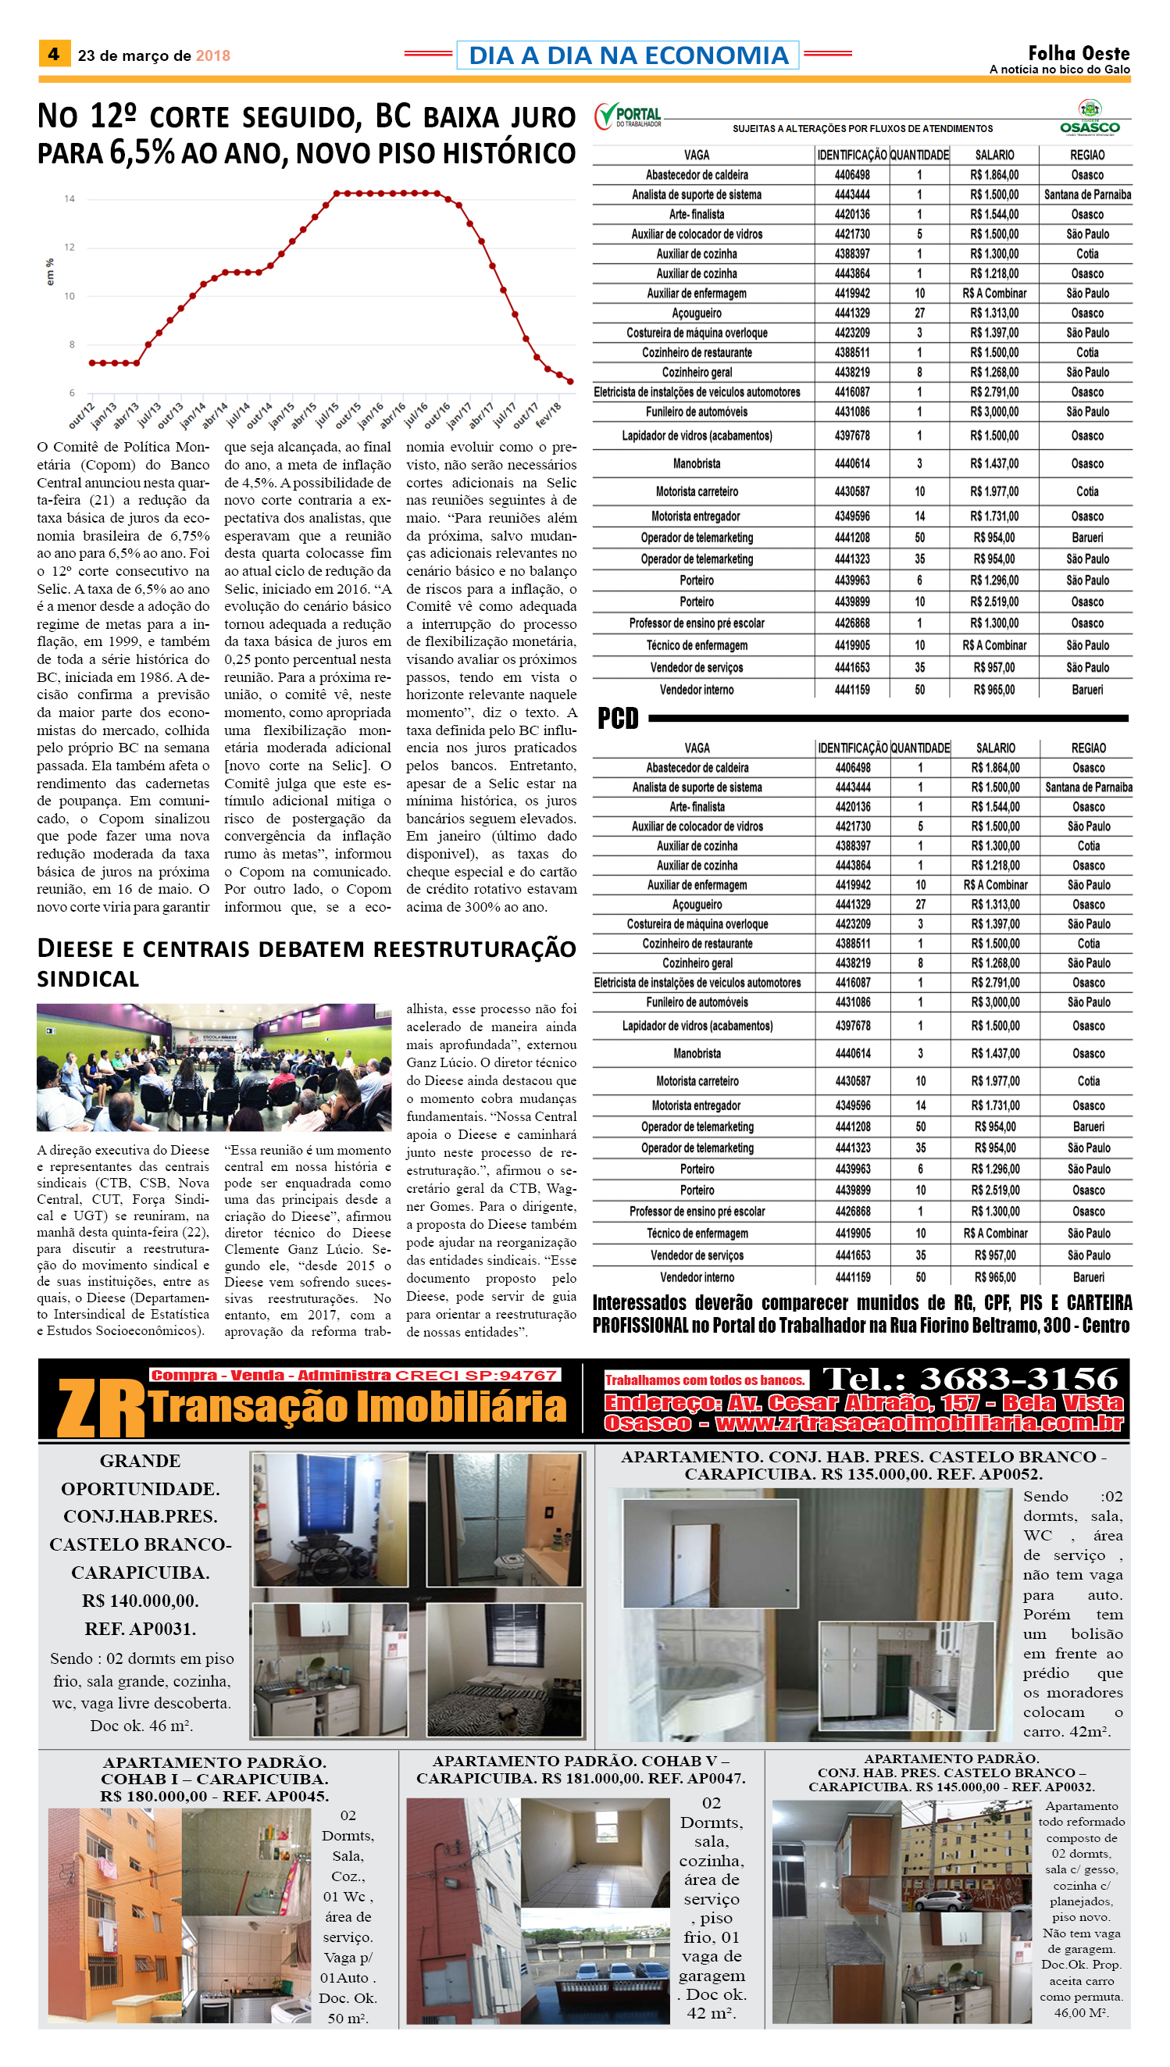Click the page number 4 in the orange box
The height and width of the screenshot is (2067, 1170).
(54, 54)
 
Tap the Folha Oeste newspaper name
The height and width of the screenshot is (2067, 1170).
(1079, 53)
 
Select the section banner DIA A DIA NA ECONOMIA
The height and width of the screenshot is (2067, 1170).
(628, 55)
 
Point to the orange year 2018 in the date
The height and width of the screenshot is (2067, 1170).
(213, 55)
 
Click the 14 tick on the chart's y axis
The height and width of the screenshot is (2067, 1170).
(70, 198)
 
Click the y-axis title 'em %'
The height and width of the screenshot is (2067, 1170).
(51, 272)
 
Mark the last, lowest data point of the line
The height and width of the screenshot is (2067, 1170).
(570, 382)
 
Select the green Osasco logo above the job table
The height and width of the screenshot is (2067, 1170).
(1089, 118)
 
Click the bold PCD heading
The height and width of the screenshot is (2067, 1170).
(617, 718)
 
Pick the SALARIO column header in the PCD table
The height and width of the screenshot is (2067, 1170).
(995, 748)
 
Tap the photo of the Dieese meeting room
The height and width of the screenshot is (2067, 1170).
(214, 1066)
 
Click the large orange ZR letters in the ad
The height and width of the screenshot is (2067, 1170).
(101, 1407)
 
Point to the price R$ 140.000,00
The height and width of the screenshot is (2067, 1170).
(141, 1601)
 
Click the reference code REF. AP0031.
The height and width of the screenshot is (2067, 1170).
(141, 1629)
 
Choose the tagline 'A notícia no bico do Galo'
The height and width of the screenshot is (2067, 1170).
(1059, 70)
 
